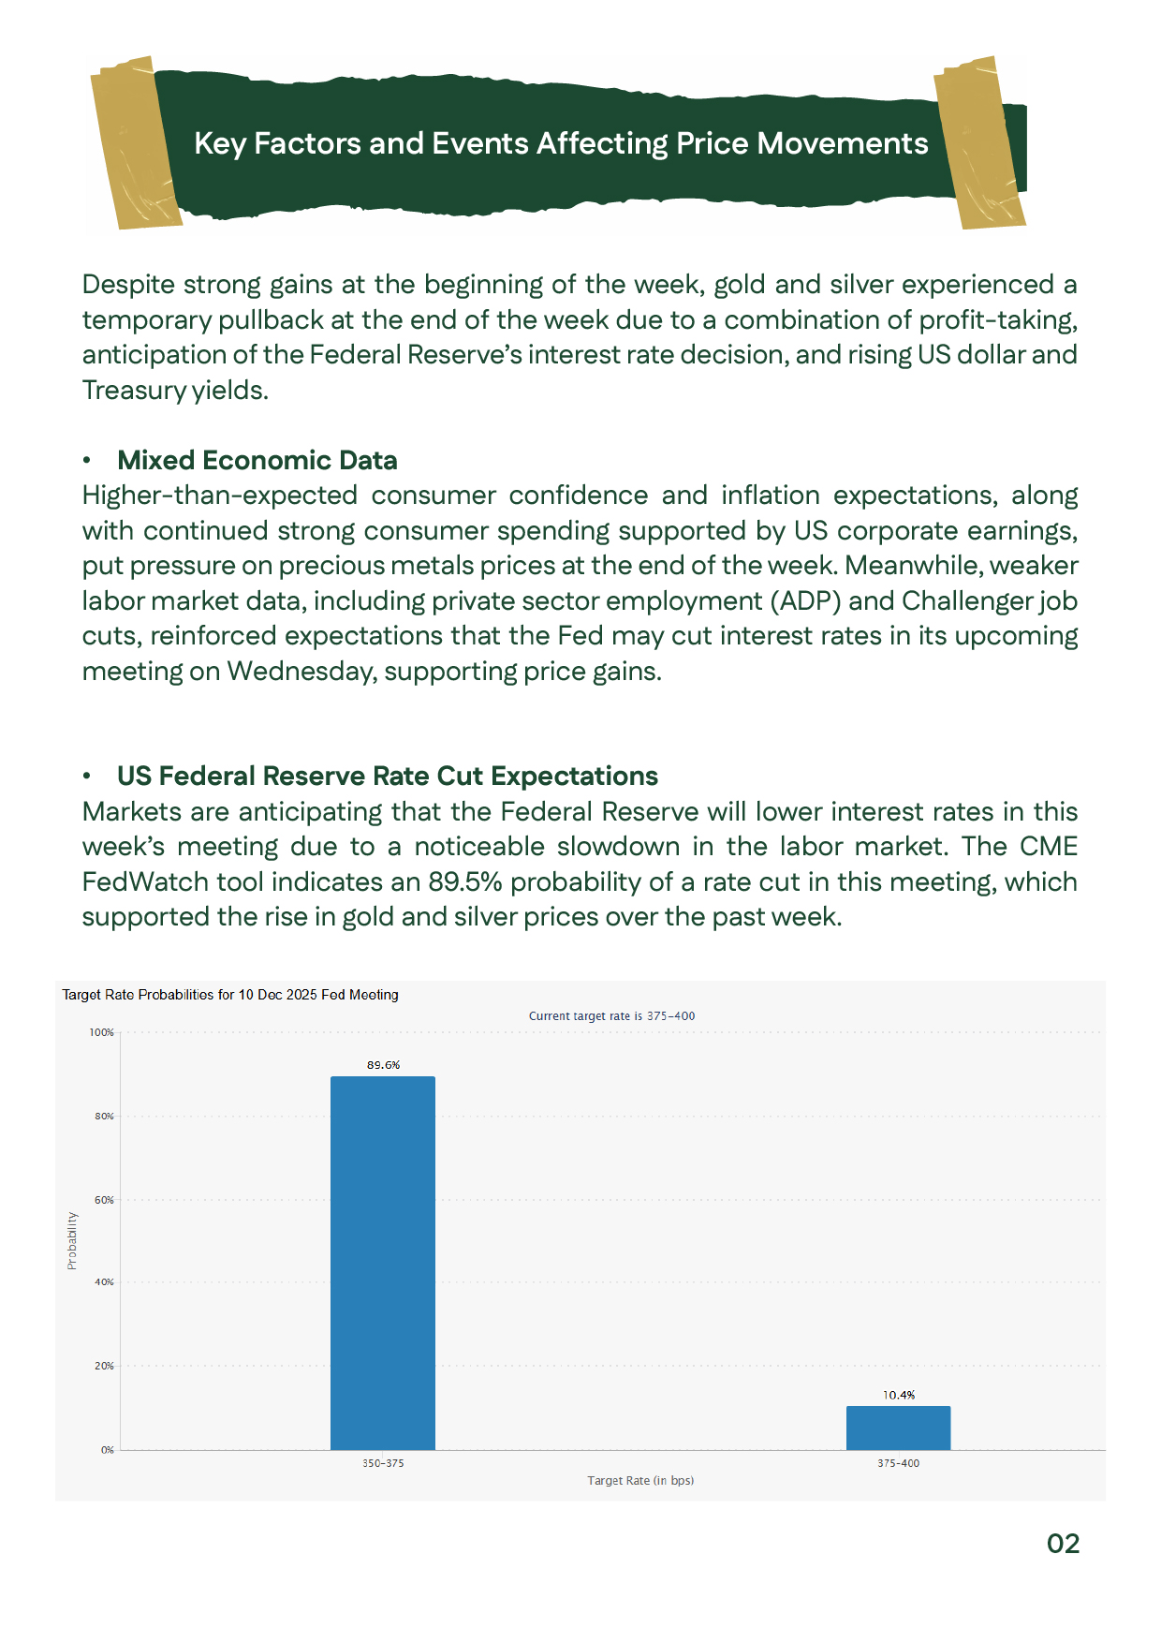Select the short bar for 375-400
(898, 1428)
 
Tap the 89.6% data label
(383, 1065)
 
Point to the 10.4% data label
(899, 1395)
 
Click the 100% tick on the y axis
(101, 1032)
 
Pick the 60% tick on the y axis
(104, 1200)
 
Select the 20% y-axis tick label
(104, 1366)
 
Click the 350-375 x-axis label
(383, 1463)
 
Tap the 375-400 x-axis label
(898, 1463)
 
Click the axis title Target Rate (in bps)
(640, 1481)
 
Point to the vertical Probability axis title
(72, 1241)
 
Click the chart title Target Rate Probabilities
(230, 995)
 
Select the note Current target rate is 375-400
(611, 1016)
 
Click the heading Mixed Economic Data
(257, 460)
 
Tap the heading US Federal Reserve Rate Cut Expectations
(387, 776)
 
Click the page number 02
(1063, 1544)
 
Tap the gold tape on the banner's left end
(135, 142)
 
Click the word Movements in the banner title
(842, 143)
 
